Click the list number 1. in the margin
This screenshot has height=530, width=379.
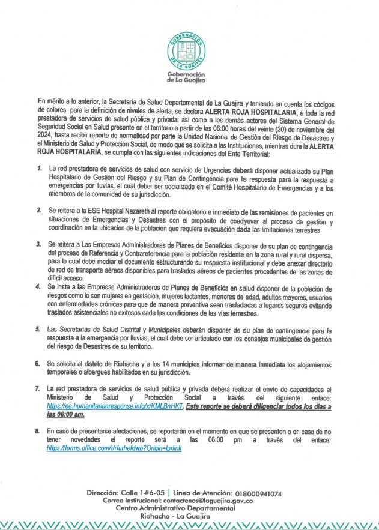(37, 170)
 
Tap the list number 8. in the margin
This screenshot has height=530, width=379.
(37, 431)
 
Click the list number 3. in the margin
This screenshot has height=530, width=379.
(37, 245)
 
